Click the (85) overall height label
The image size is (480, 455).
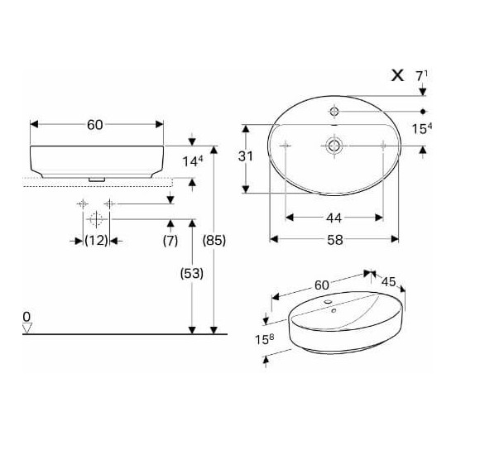[214, 240]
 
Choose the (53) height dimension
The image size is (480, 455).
[191, 272]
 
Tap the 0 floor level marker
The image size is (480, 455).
[26, 316]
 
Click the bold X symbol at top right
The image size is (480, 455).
[397, 75]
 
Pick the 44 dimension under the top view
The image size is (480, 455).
[334, 218]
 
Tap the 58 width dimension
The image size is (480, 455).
[334, 239]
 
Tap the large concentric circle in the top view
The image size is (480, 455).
[334, 145]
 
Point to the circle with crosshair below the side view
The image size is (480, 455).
[94, 219]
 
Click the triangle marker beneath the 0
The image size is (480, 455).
[27, 329]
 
